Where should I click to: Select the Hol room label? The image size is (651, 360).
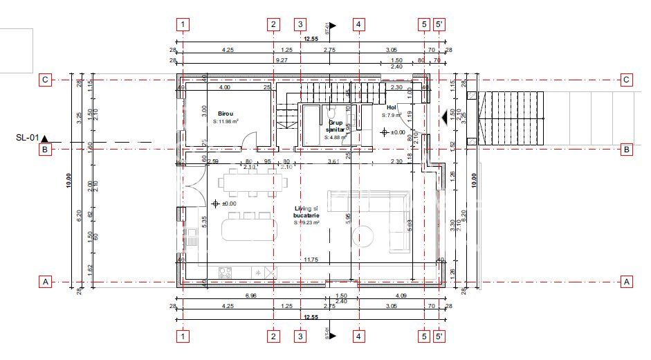tap(391, 108)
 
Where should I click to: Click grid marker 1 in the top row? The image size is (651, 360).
tap(183, 24)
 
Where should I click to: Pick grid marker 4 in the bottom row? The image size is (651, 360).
tap(358, 336)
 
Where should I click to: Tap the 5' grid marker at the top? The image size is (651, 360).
tap(440, 24)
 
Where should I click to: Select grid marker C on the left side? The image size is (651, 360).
tap(45, 80)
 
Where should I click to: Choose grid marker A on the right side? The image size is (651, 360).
tap(627, 282)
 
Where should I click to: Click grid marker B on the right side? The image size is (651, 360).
tap(627, 149)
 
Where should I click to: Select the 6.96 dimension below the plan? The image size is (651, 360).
tap(251, 296)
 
